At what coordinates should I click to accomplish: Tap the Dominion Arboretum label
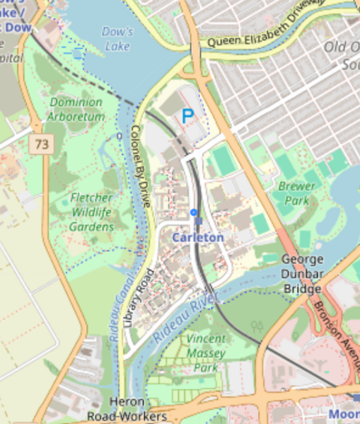[76, 110]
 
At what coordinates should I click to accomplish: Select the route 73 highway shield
[42, 144]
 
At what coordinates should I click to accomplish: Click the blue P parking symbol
[187, 116]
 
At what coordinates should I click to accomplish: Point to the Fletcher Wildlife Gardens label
[92, 212]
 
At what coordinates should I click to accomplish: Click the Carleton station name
[198, 238]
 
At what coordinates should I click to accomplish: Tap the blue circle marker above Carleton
[194, 212]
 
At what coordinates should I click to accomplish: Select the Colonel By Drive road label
[141, 166]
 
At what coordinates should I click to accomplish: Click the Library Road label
[139, 297]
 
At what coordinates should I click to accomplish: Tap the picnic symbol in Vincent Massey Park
[258, 327]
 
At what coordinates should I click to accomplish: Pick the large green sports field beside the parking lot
[222, 161]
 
